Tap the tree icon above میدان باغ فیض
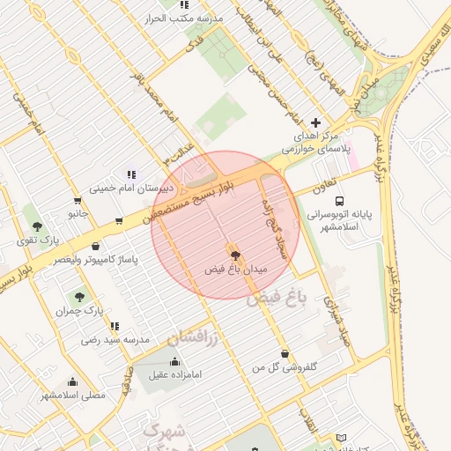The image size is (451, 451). click(x=233, y=255)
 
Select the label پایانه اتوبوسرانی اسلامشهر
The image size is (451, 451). click(x=340, y=219)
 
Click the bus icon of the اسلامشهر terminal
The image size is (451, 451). click(x=341, y=200)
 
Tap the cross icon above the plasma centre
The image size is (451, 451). click(x=316, y=123)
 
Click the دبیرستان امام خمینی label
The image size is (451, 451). click(x=132, y=189)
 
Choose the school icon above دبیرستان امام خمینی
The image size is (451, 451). click(x=131, y=174)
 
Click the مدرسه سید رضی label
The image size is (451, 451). click(x=115, y=339)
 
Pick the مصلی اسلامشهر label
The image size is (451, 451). click(x=72, y=395)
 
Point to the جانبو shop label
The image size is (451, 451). click(x=78, y=212)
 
